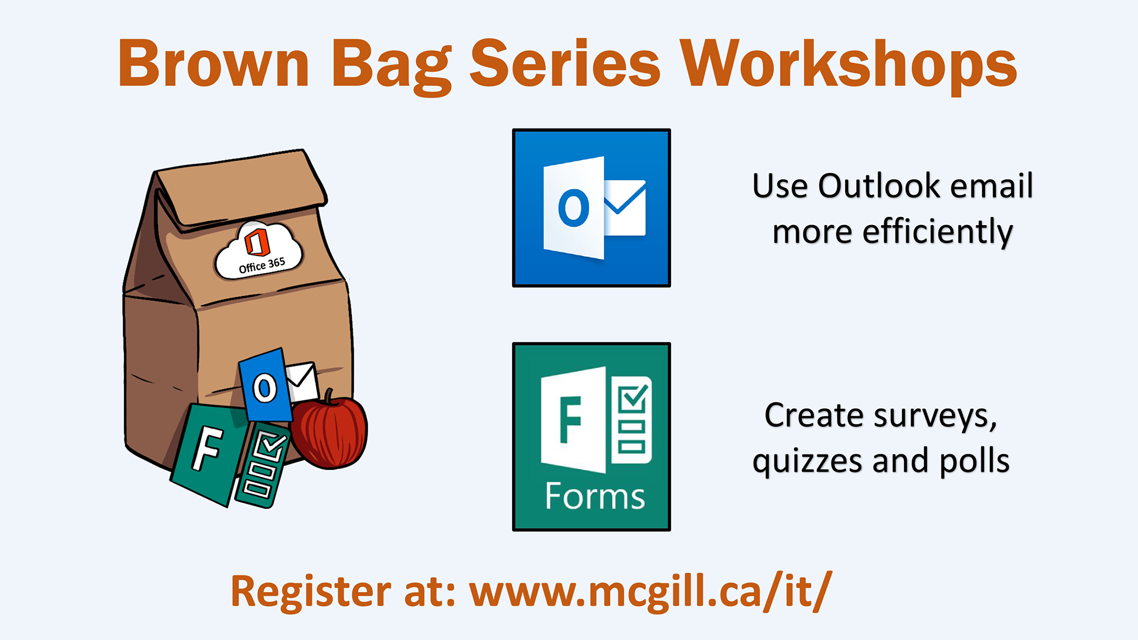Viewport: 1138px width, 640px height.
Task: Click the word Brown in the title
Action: pos(213,63)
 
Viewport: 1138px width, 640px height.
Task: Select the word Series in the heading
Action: pos(565,63)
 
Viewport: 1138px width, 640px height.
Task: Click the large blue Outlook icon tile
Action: pos(592,208)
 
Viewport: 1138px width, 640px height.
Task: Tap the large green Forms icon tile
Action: pos(592,437)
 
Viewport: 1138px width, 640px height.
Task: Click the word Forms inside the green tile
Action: pos(594,496)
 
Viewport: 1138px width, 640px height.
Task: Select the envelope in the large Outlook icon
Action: pos(625,208)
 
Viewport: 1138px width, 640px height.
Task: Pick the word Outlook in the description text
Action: pos(880,186)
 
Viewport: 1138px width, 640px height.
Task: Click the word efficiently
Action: pos(938,232)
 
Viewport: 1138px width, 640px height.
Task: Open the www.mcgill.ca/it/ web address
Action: pos(651,591)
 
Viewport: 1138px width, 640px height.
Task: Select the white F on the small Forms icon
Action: pos(207,449)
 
